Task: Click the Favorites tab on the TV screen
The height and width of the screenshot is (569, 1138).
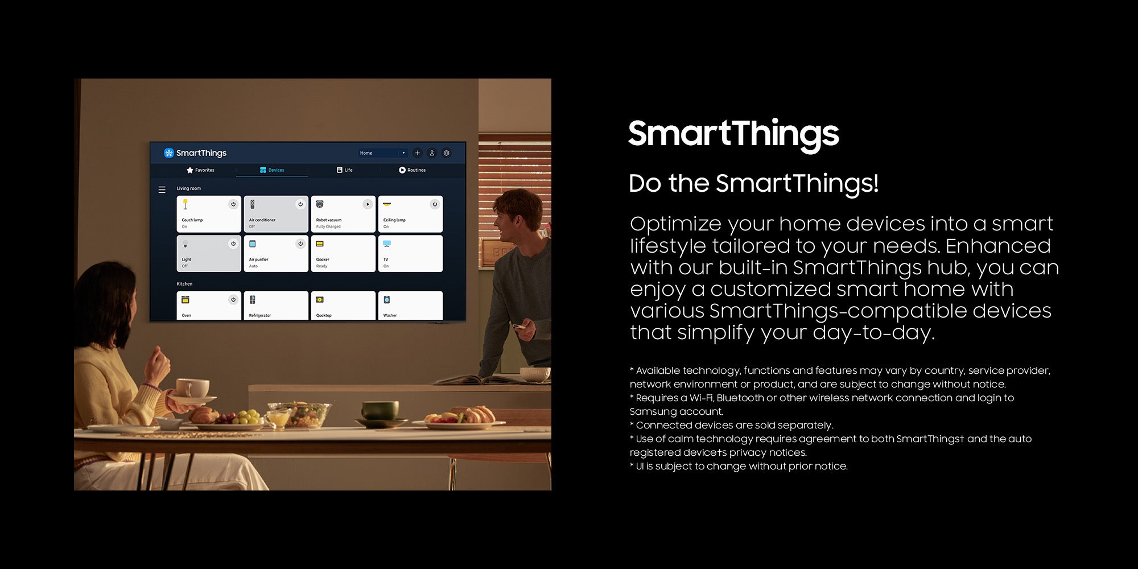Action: (x=200, y=170)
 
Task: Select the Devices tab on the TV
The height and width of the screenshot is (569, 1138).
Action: (x=272, y=170)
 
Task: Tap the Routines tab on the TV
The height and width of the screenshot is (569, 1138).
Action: (x=413, y=170)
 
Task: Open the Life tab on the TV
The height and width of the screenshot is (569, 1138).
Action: (x=345, y=170)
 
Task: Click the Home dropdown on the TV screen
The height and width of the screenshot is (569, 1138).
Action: (x=382, y=153)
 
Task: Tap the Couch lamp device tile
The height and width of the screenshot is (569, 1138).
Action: (x=209, y=214)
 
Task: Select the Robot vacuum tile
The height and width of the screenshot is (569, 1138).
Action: (x=343, y=214)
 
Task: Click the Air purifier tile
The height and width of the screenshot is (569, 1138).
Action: (x=276, y=253)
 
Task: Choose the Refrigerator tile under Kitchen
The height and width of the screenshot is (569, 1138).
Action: (x=276, y=306)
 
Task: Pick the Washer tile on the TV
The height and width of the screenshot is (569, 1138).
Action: (x=410, y=306)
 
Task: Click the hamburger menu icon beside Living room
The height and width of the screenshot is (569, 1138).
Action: (x=162, y=190)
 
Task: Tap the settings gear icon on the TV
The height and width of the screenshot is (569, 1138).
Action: (x=447, y=153)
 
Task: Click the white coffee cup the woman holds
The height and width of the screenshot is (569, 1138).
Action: (x=192, y=388)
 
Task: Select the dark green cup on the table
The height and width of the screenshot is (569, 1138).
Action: (x=380, y=410)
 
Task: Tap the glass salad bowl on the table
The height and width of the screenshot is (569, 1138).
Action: (x=298, y=414)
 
